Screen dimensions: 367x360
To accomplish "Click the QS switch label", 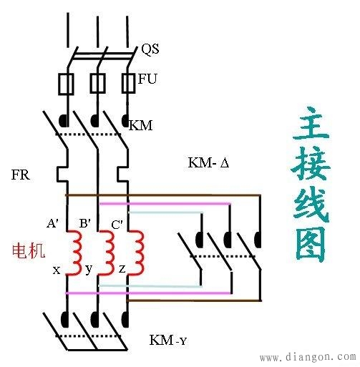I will [150, 49].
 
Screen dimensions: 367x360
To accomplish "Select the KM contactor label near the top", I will [140, 126].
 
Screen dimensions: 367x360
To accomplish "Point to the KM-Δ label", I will [208, 163].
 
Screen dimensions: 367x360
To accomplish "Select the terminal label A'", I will [53, 223].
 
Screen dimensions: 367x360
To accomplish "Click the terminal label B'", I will [84, 223].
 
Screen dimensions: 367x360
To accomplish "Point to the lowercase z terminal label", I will [123, 270].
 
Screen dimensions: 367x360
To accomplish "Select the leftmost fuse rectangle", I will [64, 84].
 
